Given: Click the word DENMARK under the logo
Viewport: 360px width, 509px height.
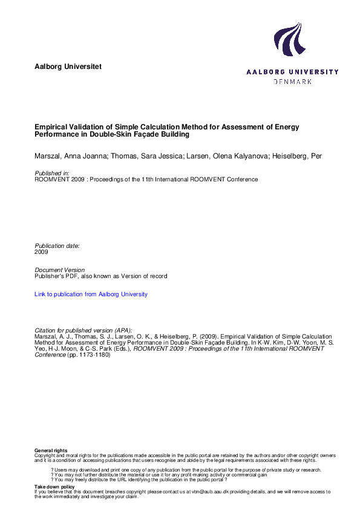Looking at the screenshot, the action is [293, 82].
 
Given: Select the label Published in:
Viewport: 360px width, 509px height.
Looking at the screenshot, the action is [52, 173].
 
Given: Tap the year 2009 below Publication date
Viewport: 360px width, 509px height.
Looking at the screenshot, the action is [42, 251].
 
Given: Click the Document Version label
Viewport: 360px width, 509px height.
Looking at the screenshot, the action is [60, 270].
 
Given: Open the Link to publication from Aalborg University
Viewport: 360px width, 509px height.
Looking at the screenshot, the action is [91, 294].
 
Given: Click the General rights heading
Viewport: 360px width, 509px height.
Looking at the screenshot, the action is [51, 451].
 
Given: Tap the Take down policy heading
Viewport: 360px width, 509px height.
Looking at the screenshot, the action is [54, 487].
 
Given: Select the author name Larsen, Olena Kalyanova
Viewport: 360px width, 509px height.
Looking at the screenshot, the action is [220, 157].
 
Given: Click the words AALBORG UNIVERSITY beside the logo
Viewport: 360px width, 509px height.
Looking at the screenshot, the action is [292, 72].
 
